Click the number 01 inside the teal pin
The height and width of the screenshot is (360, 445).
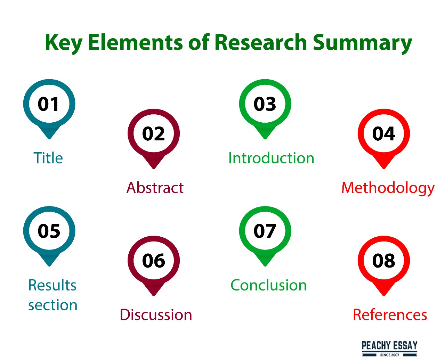(x=48, y=104)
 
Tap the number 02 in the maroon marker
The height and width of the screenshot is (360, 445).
(x=153, y=133)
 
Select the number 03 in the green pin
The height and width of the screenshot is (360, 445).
(x=265, y=104)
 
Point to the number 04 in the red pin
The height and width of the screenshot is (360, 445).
(x=383, y=133)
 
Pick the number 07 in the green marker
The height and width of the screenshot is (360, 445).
(x=265, y=231)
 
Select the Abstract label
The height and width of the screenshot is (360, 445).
(x=155, y=188)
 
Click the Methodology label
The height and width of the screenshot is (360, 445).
(x=388, y=189)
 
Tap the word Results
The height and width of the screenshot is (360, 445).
(x=52, y=285)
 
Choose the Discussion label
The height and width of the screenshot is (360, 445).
(x=156, y=314)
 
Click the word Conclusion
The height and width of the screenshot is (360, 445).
(x=268, y=285)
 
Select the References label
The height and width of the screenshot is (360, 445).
(x=390, y=314)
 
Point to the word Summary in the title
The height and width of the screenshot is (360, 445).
(x=363, y=44)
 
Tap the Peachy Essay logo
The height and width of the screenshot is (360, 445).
(x=389, y=349)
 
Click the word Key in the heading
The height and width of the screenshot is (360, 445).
(x=64, y=44)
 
